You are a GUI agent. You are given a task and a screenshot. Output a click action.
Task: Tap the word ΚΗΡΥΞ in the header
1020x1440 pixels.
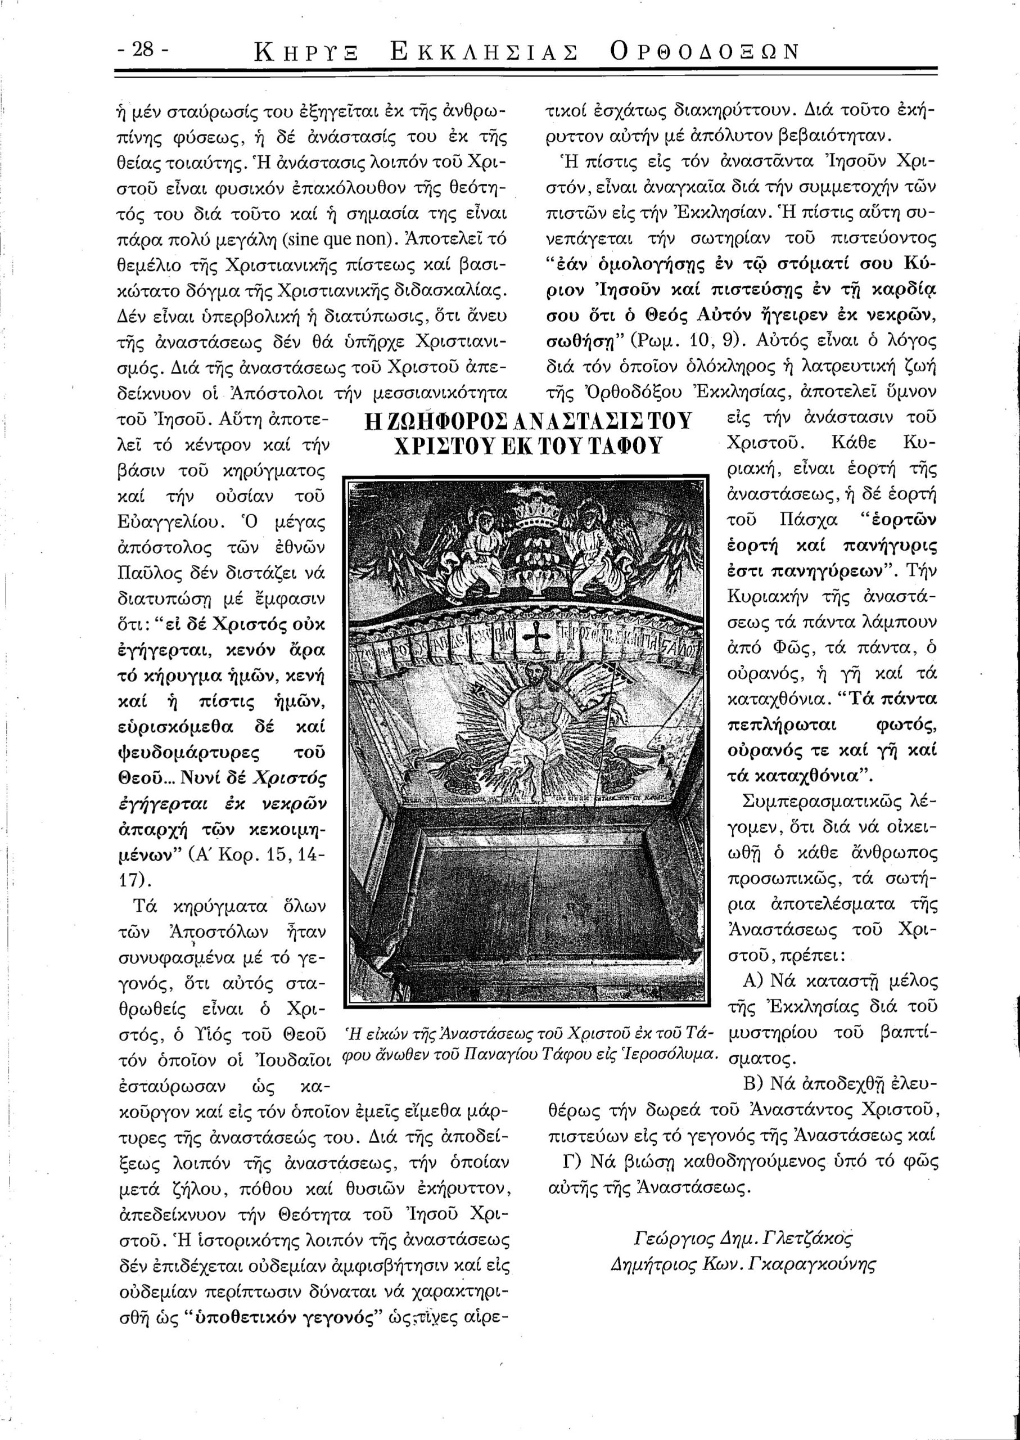tap(306, 52)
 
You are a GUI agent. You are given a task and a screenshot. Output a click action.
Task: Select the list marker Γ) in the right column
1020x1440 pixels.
tap(571, 1161)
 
